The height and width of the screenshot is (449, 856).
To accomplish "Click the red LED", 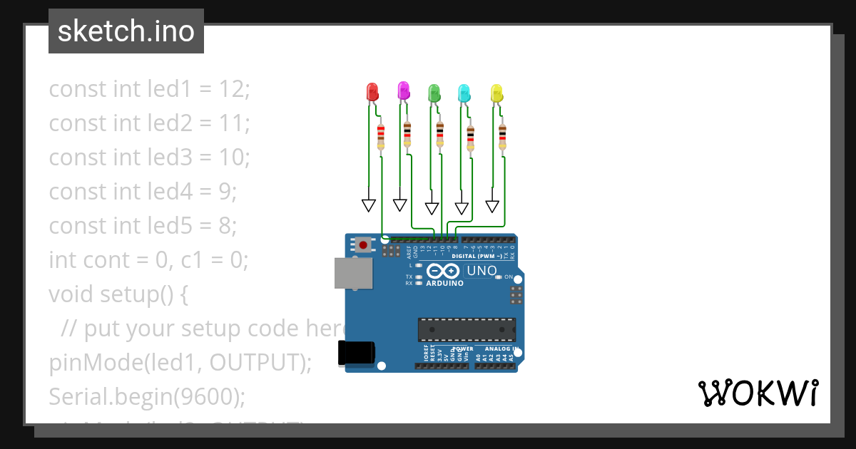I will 372,92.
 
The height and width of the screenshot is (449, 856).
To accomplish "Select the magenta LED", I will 403,91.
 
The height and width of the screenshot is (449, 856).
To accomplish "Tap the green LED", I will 433,93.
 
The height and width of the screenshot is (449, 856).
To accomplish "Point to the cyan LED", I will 464,93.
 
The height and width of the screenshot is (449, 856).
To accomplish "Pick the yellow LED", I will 496,93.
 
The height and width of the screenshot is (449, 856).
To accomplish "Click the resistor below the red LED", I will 381,135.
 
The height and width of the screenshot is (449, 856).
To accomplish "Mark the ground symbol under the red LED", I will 369,205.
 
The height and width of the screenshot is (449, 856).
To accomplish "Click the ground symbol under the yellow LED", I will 492,205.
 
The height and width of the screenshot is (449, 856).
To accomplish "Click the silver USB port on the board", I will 353,274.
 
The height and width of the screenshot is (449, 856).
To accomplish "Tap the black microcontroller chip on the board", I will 467,329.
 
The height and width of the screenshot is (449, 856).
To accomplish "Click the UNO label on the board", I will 481,271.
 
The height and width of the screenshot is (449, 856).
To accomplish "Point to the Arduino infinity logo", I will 444,271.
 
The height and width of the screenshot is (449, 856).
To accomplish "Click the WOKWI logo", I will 758,393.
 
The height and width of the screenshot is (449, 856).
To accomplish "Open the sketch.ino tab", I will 126,31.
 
